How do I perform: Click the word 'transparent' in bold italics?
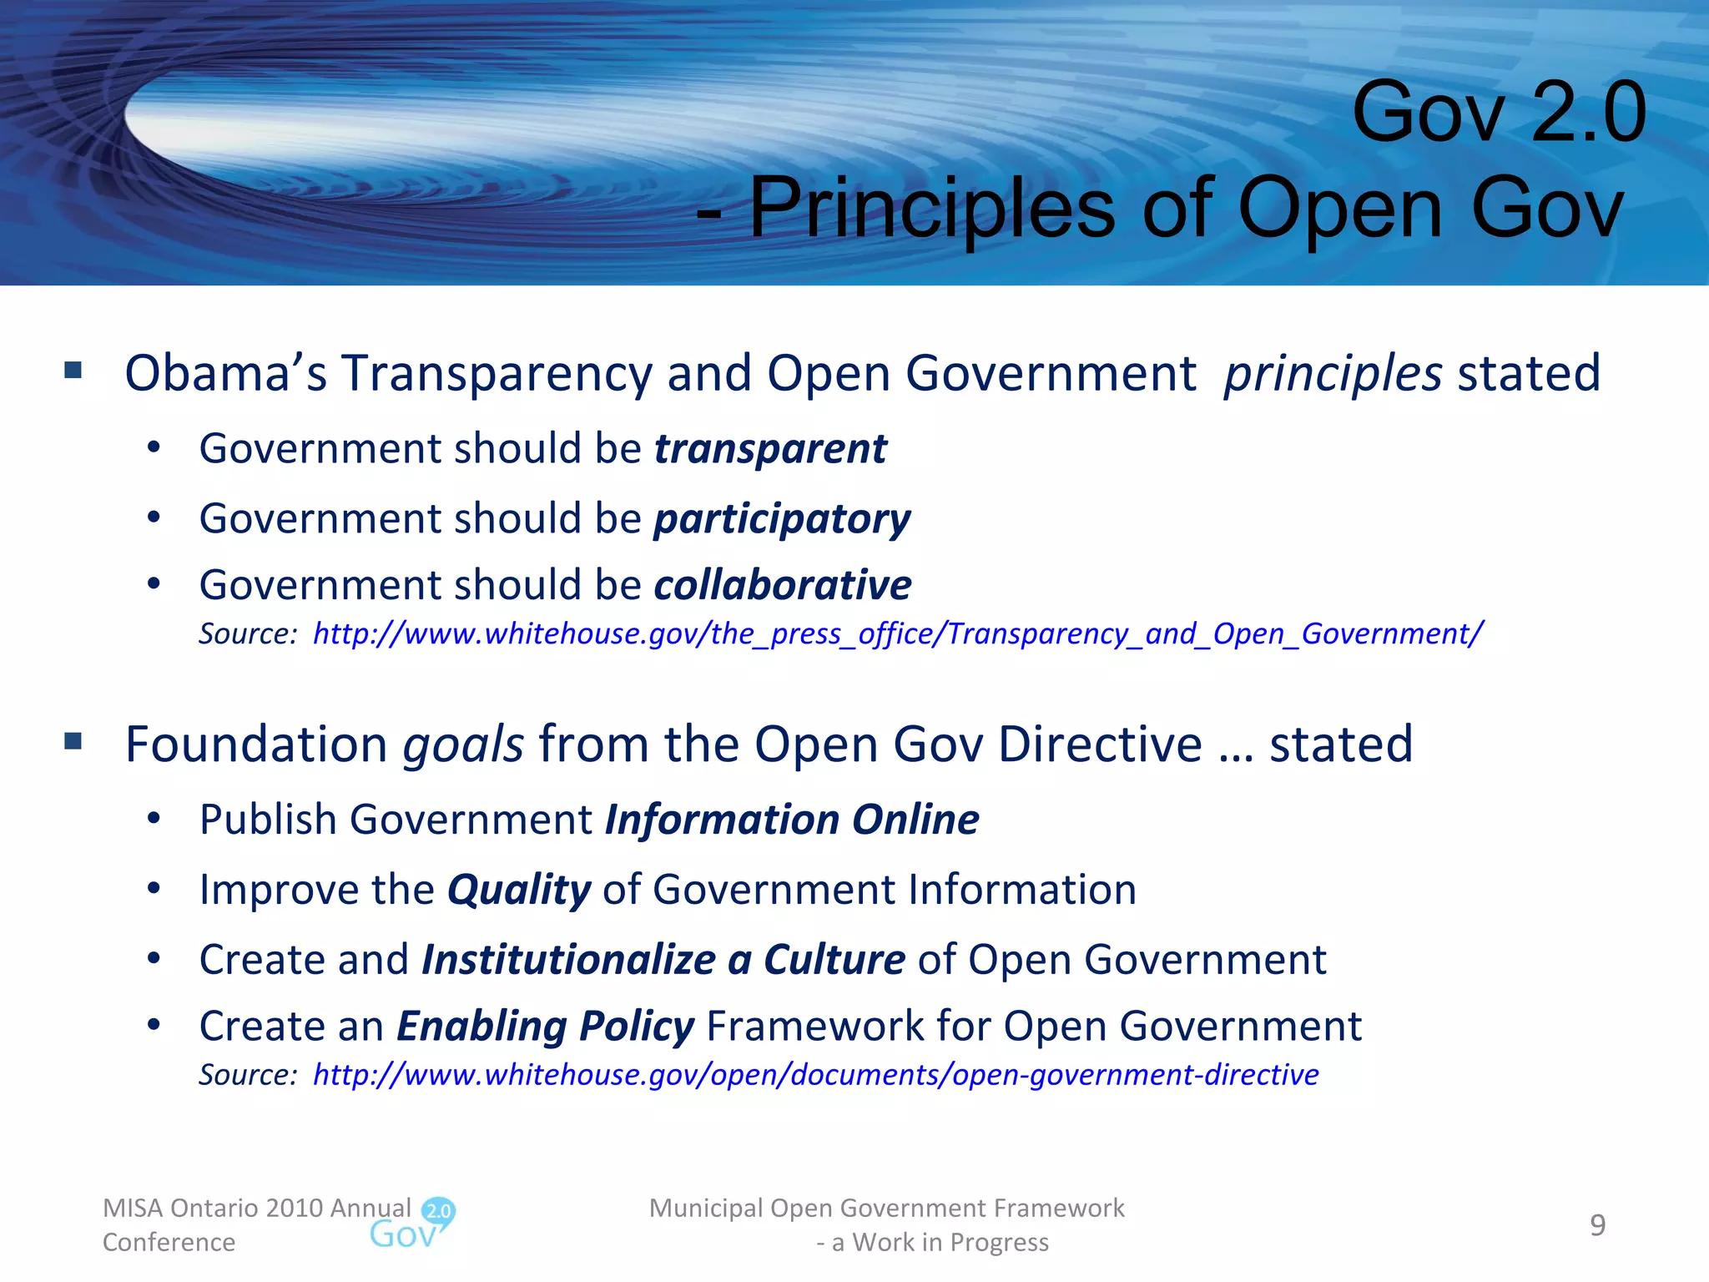tap(770, 449)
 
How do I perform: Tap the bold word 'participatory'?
tap(782, 519)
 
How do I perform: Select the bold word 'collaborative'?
tap(782, 585)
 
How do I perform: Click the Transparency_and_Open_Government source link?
tap(897, 634)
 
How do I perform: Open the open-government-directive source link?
tap(815, 1075)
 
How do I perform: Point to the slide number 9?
tap(1597, 1225)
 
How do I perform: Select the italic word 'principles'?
tap(1332, 374)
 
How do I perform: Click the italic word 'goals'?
tap(463, 744)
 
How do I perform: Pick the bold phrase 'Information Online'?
tap(791, 820)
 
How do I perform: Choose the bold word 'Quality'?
tap(519, 890)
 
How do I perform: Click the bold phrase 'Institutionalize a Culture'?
tap(663, 960)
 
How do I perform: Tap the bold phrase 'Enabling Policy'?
tap(545, 1027)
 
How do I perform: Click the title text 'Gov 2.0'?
tap(1499, 112)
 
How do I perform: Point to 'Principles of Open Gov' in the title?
tap(1185, 208)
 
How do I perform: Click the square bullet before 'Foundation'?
tap(73, 741)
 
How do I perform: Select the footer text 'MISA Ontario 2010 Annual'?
tap(256, 1208)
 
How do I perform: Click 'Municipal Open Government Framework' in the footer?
tap(886, 1208)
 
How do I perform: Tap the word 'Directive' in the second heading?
tap(1100, 744)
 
